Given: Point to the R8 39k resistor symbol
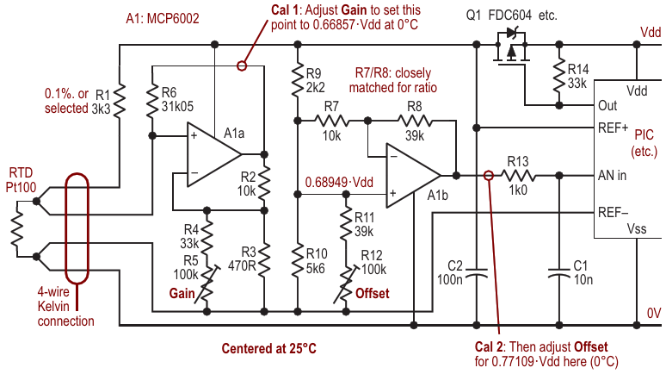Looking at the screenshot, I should pos(411,120).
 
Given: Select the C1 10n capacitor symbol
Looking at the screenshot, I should pos(559,273).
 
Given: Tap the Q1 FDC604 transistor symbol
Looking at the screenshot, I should pos(511,45).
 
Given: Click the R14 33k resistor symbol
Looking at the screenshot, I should pos(559,76).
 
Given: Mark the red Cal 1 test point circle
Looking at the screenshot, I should pos(242,65).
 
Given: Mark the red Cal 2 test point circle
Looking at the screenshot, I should pos(489,175).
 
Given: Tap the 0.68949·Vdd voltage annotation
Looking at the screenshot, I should pos(339,183).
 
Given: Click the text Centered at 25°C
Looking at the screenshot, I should pos(268,348).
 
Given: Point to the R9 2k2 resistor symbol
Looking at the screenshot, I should pos(296,83).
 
